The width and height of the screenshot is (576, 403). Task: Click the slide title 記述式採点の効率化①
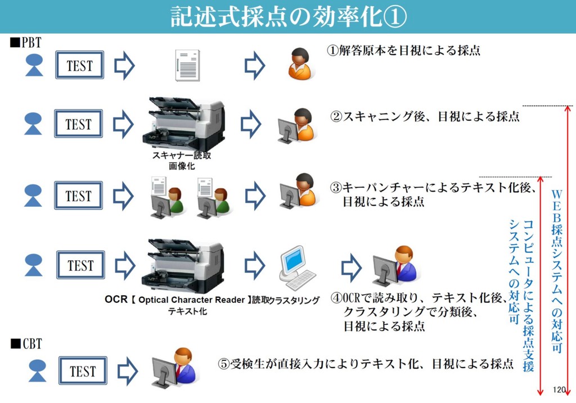pos(288,16)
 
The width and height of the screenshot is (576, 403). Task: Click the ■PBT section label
pos(25,42)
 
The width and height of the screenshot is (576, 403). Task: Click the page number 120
pos(559,390)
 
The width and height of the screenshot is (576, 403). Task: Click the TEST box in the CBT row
pos(83,371)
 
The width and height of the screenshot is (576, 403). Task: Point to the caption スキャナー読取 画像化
pos(181,161)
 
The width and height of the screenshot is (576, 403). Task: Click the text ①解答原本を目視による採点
pos(404,50)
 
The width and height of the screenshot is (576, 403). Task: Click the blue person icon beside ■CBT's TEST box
pos(37,371)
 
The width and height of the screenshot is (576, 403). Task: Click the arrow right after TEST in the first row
pos(124,66)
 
